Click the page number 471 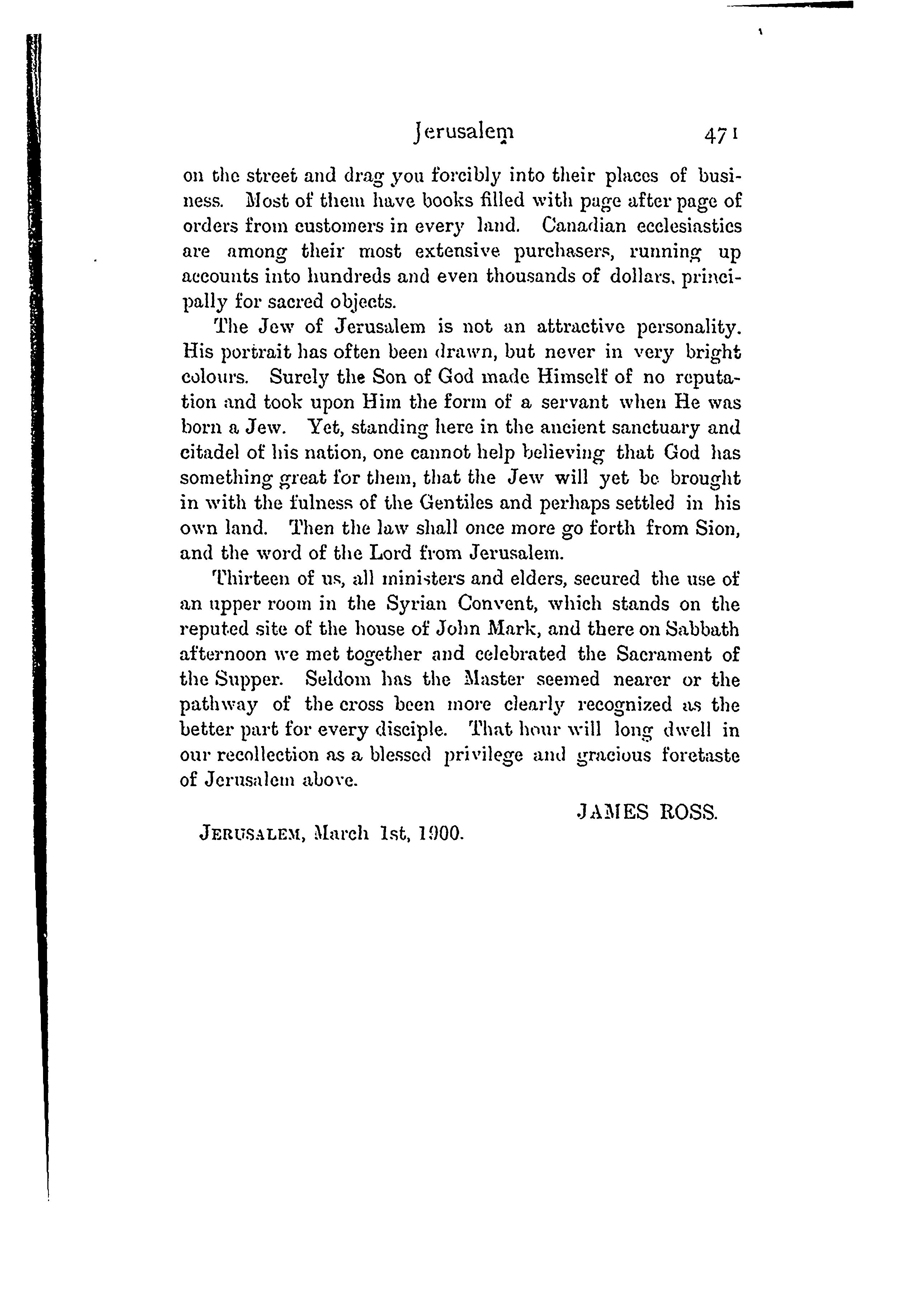[x=720, y=135]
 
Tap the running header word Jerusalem [x=464, y=132]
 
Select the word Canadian [x=584, y=226]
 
